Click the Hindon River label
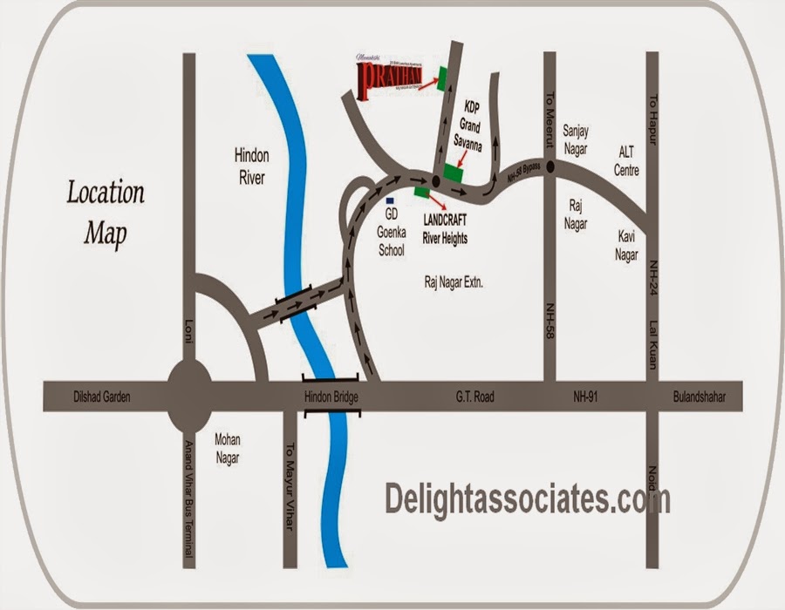pos(251,166)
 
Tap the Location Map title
pos(106,212)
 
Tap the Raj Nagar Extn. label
pos(453,283)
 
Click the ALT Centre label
pos(626,160)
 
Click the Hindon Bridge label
pos(331,397)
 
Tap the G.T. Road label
pos(475,397)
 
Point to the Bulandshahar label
pos(700,397)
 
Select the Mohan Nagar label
pos(227,448)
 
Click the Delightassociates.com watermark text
pos(528,500)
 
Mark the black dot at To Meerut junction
pos(550,168)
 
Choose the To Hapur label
pos(651,114)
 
